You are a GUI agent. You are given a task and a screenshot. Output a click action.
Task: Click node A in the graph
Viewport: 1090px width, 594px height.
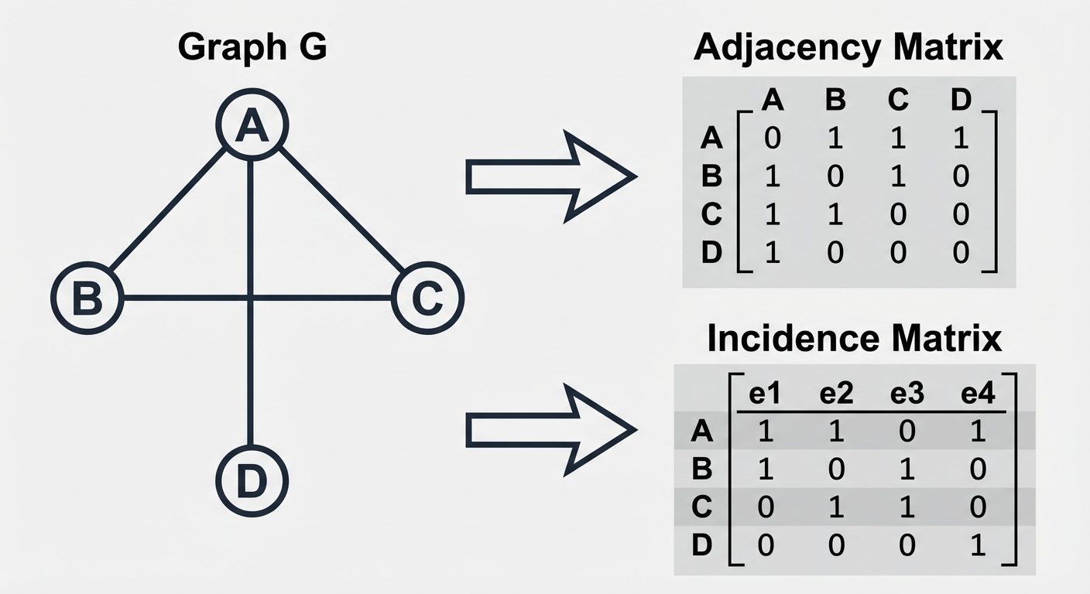click(252, 125)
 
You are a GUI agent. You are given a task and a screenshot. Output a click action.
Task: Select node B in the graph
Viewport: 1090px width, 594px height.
click(87, 297)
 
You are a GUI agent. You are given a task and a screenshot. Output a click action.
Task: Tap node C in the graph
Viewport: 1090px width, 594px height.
click(427, 297)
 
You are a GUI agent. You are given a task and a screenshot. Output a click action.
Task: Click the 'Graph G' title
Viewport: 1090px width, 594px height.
click(252, 48)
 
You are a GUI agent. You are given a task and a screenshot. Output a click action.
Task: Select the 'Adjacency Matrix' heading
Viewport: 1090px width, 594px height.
click(848, 48)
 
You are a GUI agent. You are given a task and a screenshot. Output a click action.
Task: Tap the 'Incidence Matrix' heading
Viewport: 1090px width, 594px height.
click(854, 339)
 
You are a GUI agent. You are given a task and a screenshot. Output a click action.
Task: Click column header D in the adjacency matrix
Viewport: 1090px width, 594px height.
click(961, 101)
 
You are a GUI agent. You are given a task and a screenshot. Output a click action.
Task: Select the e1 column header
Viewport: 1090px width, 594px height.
click(764, 394)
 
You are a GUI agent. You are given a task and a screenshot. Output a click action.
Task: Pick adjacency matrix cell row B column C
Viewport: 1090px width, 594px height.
click(897, 177)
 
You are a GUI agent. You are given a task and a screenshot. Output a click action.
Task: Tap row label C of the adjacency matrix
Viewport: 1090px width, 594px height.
click(711, 215)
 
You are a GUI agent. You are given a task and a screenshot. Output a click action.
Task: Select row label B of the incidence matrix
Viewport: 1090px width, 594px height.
click(701, 469)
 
